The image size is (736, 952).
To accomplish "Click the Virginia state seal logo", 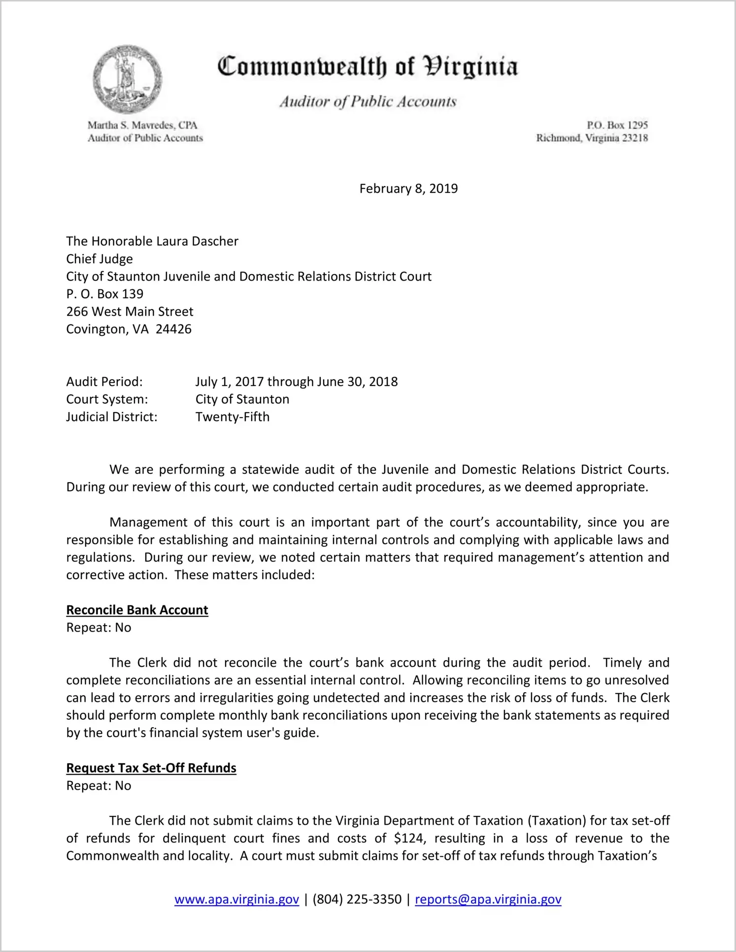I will [127, 79].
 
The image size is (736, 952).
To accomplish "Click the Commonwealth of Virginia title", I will [368, 67].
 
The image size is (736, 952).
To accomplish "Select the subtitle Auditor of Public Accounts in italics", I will [368, 102].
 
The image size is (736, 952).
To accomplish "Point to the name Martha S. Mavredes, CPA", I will [142, 125].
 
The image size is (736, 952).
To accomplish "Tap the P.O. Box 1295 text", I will [617, 125].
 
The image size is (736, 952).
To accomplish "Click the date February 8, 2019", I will [408, 189].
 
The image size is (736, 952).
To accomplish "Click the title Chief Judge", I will [100, 259].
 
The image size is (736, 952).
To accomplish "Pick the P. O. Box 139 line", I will [105, 294].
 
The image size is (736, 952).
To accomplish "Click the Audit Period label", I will [104, 382].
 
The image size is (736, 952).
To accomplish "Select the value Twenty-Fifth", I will [233, 417].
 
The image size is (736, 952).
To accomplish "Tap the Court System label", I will [107, 399].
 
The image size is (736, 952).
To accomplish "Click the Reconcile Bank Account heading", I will [137, 610].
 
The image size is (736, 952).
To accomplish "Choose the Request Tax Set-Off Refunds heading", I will [151, 768].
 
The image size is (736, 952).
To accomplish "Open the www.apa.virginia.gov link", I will [236, 899].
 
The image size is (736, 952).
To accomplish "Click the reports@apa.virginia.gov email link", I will [488, 899].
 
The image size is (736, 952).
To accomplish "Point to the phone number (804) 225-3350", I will [357, 899].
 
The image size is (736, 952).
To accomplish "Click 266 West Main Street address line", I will [130, 312].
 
